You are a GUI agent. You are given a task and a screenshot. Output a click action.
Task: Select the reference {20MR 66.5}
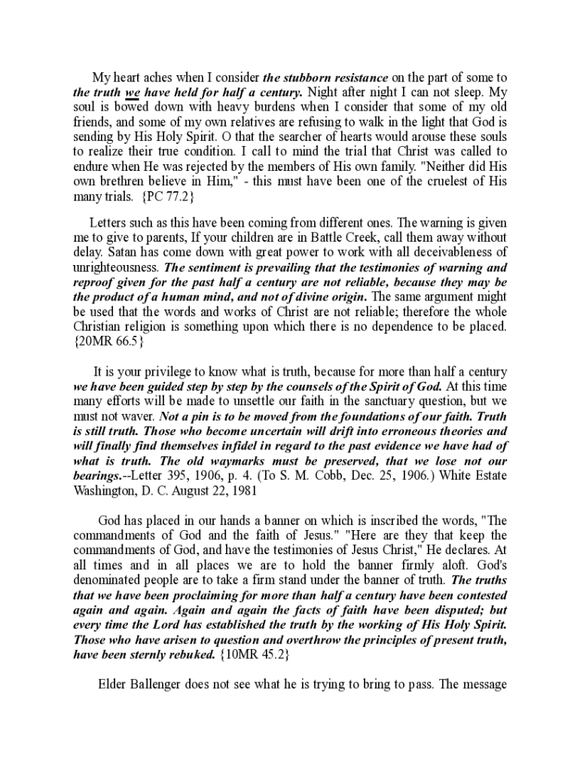(x=108, y=342)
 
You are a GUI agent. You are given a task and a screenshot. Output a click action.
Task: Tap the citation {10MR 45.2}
(x=253, y=654)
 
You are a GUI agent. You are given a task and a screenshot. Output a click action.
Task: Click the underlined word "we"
(x=133, y=93)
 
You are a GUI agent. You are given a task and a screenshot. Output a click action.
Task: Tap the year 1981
(x=243, y=491)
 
